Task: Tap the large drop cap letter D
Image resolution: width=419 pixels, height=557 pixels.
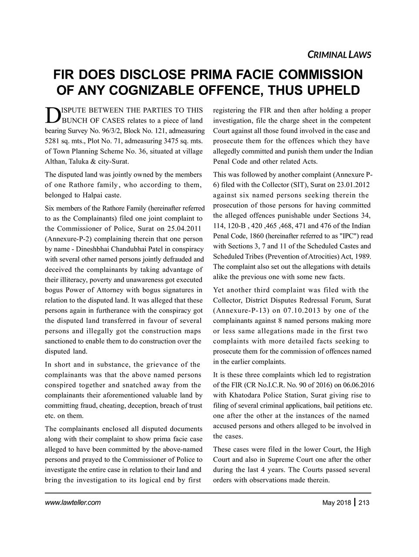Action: point(51,114)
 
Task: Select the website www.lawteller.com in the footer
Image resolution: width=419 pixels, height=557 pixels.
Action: point(73,503)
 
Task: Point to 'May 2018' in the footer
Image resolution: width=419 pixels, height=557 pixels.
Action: point(337,503)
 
